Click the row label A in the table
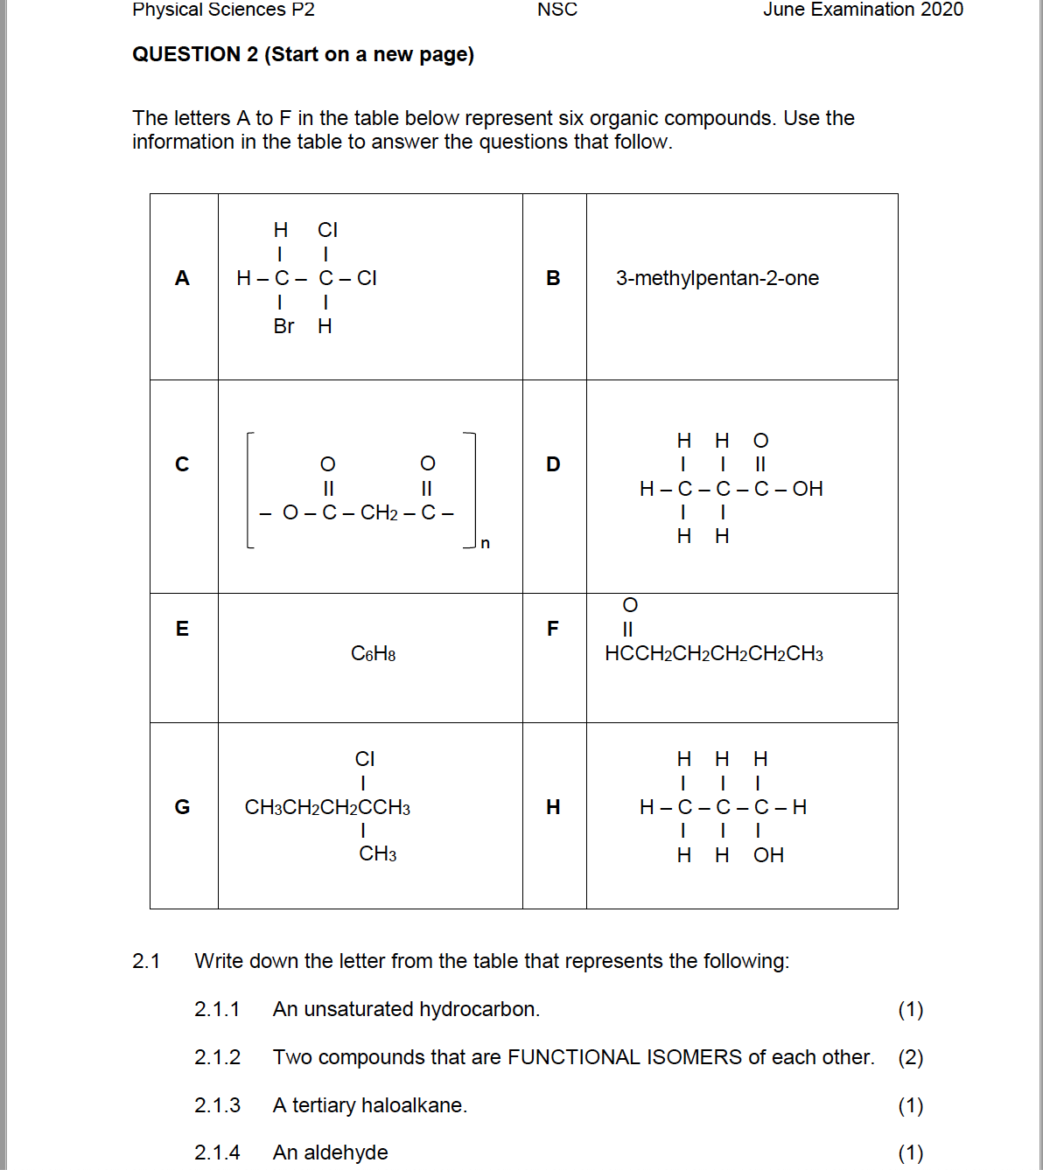coord(182,278)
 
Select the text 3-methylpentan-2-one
coord(717,278)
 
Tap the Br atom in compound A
coord(283,326)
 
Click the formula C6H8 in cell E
coord(373,654)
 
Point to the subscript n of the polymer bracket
coord(486,544)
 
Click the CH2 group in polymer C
coord(379,512)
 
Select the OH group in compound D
coord(808,489)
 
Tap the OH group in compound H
coord(768,855)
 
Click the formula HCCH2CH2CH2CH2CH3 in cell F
coord(713,654)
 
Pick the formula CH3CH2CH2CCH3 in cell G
coord(327,807)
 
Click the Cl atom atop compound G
coord(365,759)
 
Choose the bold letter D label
coord(553,464)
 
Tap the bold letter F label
coord(552,629)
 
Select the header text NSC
coord(557,10)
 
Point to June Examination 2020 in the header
coord(863,10)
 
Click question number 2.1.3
coord(217,1105)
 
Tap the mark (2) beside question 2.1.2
coord(910,1057)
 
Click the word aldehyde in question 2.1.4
coord(346,1153)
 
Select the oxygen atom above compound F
coord(630,605)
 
